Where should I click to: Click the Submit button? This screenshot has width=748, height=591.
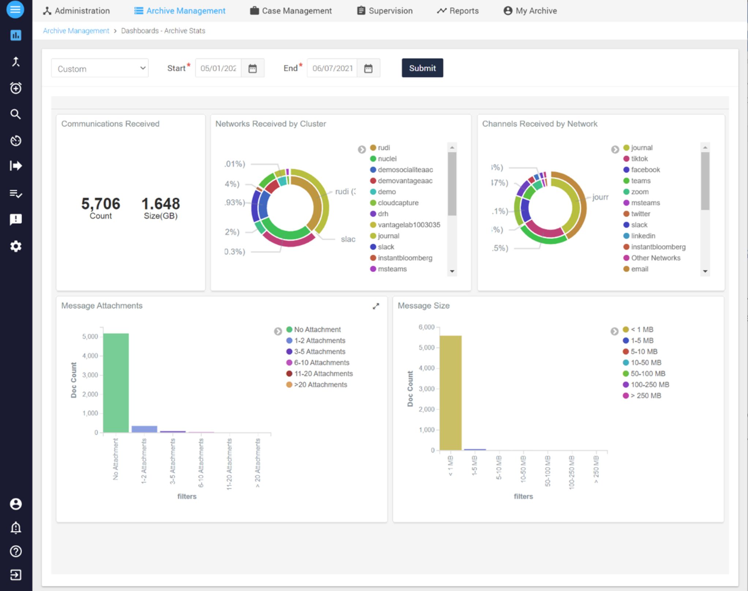coord(422,68)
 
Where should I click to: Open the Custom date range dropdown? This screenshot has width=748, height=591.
coord(100,68)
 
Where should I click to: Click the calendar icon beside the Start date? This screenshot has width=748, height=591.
coord(253,68)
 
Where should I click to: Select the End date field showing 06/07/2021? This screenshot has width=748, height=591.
coord(332,68)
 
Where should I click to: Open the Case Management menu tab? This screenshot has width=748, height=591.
coord(291,11)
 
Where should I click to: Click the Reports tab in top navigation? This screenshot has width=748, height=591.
coord(458,11)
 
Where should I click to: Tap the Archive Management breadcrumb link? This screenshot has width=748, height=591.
coord(76,31)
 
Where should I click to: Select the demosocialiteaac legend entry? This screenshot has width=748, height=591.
coord(405,170)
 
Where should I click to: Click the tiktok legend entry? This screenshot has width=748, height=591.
coord(639,159)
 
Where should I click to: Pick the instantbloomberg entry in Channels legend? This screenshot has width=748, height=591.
coord(658,247)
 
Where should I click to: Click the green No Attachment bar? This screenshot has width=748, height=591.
coord(116,382)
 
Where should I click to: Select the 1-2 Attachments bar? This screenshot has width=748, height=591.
coord(144,429)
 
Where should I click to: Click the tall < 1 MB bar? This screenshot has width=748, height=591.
coord(450,392)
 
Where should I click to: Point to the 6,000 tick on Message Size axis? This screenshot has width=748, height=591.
coord(427,327)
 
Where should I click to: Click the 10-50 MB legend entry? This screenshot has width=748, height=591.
coord(646,362)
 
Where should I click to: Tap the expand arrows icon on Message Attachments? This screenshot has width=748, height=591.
coord(376,306)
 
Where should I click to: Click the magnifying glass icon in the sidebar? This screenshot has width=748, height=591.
coord(15,114)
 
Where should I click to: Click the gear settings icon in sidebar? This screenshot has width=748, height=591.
coord(15,246)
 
